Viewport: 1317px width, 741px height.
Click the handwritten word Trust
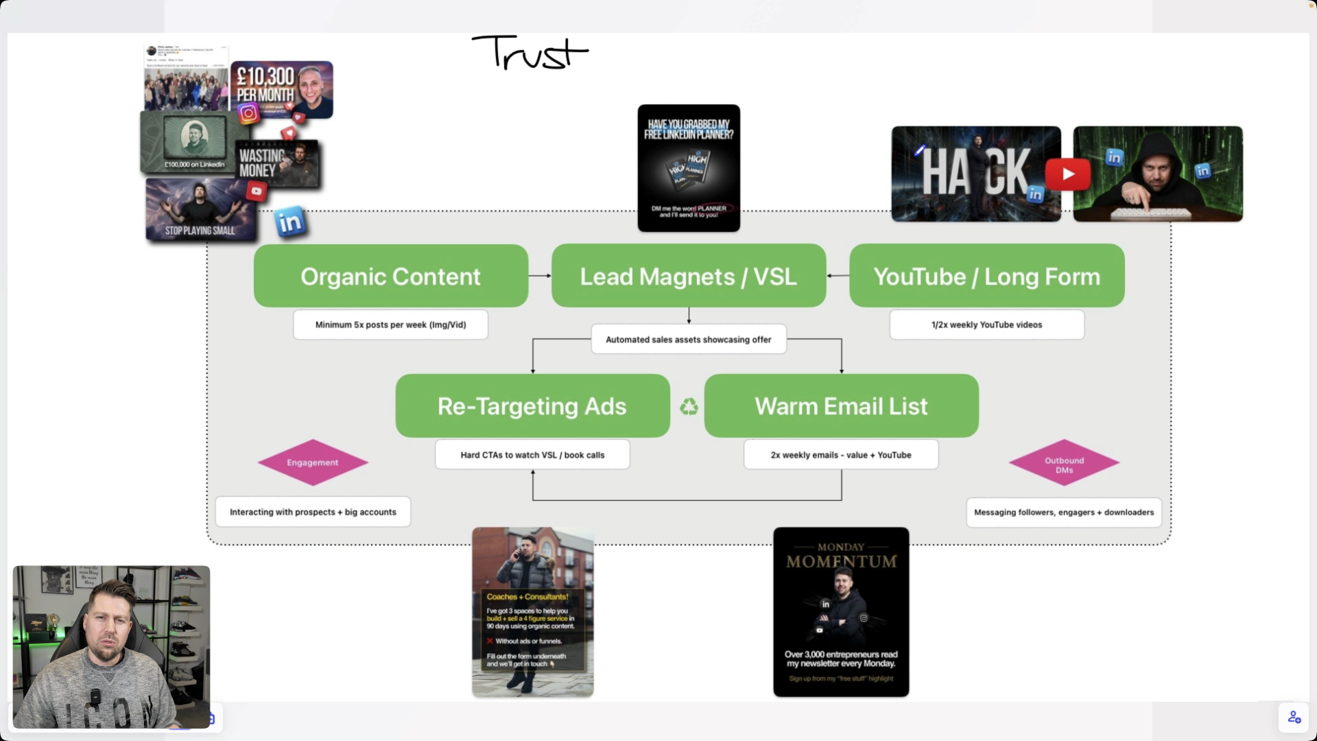point(530,53)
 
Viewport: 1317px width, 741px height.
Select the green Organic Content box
point(390,276)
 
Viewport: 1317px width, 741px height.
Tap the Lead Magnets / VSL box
point(688,276)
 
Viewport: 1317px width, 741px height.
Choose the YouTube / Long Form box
point(986,276)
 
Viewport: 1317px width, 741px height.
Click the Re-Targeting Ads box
point(532,405)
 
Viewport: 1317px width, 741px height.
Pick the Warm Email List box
point(841,405)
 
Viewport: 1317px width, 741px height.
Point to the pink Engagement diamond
point(313,462)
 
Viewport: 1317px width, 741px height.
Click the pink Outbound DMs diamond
point(1064,463)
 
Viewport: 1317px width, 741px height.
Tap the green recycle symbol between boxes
point(689,407)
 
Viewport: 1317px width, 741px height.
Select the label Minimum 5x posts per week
point(390,325)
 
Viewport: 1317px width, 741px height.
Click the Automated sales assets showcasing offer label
point(688,339)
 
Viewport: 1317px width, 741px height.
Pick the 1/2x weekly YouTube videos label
point(986,325)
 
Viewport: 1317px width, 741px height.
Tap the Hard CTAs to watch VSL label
point(532,455)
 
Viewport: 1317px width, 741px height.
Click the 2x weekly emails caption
point(841,455)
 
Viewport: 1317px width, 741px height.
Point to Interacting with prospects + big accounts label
point(313,512)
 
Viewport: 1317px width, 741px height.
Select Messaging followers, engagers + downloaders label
point(1064,512)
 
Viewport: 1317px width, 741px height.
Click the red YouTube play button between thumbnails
point(1068,174)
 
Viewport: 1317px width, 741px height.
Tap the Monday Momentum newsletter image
point(841,612)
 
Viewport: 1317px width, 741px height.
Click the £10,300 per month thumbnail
point(282,89)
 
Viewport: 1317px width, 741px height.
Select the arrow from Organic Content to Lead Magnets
point(540,276)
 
